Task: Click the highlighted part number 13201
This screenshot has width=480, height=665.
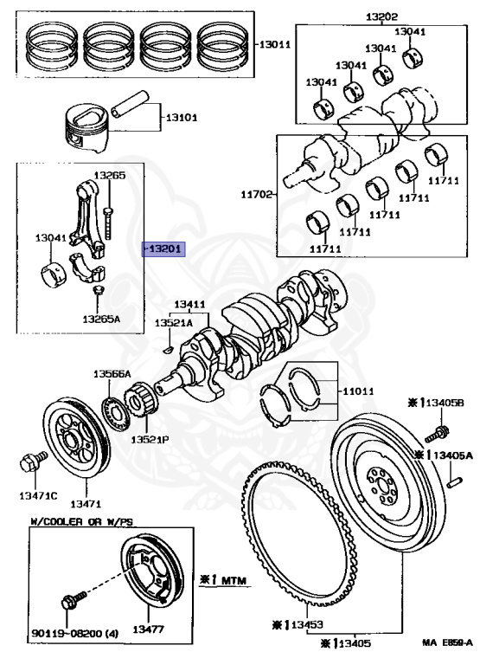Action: coord(163,249)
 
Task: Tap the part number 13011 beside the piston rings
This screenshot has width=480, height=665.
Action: coord(275,44)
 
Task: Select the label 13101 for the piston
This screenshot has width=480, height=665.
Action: coord(182,118)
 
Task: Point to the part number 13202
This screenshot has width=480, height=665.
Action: coord(381,17)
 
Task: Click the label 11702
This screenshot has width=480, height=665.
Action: coord(257,195)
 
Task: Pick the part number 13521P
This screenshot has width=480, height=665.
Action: coord(150,439)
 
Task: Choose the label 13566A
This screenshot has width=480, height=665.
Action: coord(112,374)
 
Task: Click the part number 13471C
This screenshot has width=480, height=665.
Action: coord(38,495)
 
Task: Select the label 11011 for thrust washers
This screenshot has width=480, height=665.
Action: coord(358,391)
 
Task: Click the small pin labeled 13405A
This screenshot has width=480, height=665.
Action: coord(455,482)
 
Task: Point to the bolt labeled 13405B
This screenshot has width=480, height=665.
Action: coord(437,433)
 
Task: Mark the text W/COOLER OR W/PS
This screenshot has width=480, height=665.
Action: coord(82,521)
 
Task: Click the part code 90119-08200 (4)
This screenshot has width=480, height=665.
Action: coord(74,634)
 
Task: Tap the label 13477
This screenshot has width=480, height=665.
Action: coord(148,629)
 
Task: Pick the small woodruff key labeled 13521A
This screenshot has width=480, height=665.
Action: coord(168,350)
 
